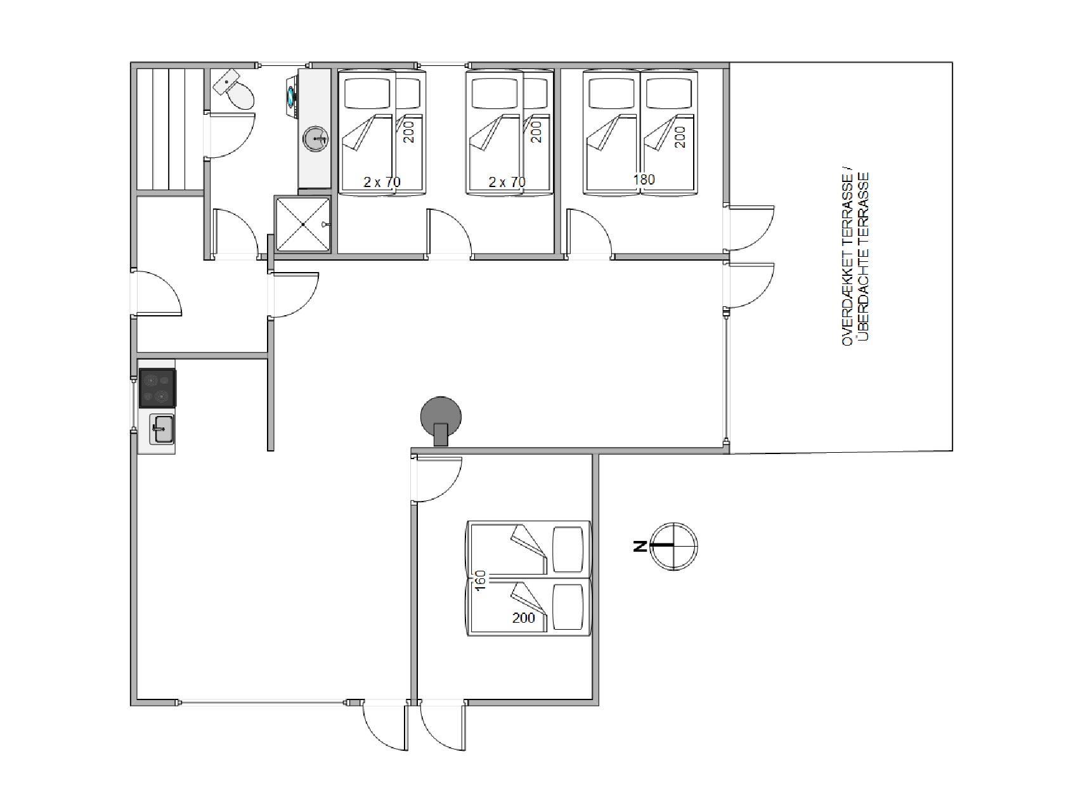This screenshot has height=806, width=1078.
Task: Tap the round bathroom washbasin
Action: (316, 139)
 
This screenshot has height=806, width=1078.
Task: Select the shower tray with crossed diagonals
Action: (302, 224)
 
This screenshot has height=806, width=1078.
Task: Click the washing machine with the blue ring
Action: (292, 96)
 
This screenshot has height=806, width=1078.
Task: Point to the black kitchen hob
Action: (157, 387)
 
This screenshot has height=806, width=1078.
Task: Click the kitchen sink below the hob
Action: (162, 429)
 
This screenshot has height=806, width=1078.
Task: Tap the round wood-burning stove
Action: (441, 419)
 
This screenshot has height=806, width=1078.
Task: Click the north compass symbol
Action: (674, 545)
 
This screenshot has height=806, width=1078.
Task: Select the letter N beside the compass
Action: (639, 546)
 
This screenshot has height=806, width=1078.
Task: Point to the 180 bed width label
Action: (644, 179)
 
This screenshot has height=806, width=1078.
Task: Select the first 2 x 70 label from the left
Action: (382, 182)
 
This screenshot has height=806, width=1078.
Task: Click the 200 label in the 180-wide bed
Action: (680, 137)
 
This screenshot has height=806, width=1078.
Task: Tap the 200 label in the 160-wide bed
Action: (523, 618)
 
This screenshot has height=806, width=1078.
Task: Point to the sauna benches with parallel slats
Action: (169, 129)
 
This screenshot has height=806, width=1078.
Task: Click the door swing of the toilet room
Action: (232, 135)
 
